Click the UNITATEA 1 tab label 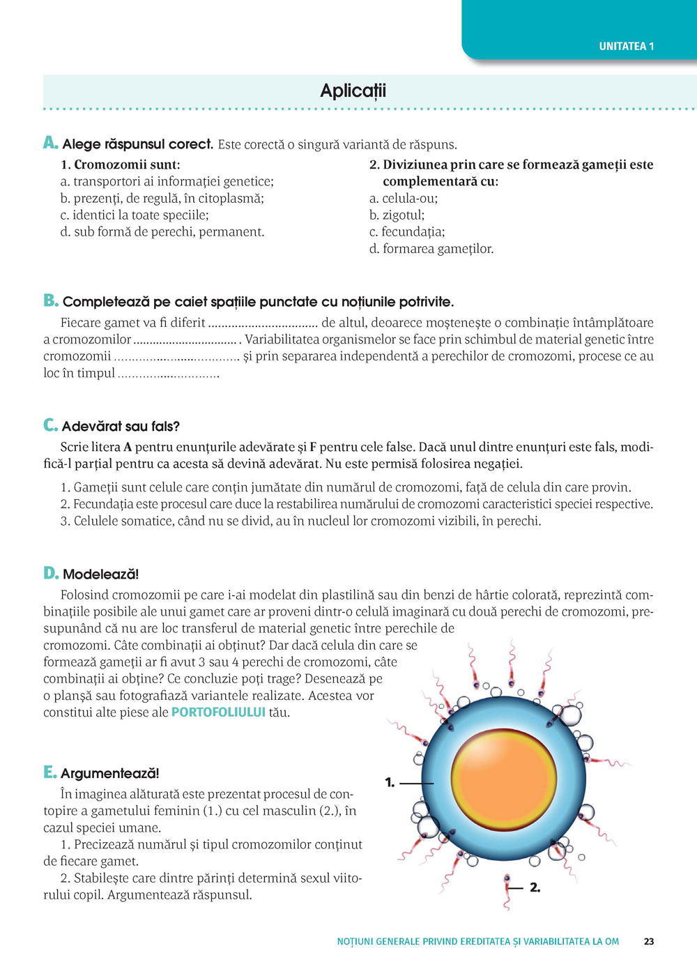click(626, 47)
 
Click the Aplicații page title click(353, 91)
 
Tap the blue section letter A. click(49, 143)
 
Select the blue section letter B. click(50, 300)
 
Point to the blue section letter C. click(49, 425)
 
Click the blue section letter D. click(50, 573)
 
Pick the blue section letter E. click(49, 772)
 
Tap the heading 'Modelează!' click(100, 574)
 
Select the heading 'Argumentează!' click(109, 773)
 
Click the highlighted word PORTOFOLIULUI click(218, 712)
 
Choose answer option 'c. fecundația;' click(407, 232)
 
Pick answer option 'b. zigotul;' click(397, 215)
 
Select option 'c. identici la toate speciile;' click(135, 215)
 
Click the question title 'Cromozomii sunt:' click(127, 165)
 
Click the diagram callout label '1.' click(390, 783)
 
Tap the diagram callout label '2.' click(535, 887)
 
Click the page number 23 click(649, 941)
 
